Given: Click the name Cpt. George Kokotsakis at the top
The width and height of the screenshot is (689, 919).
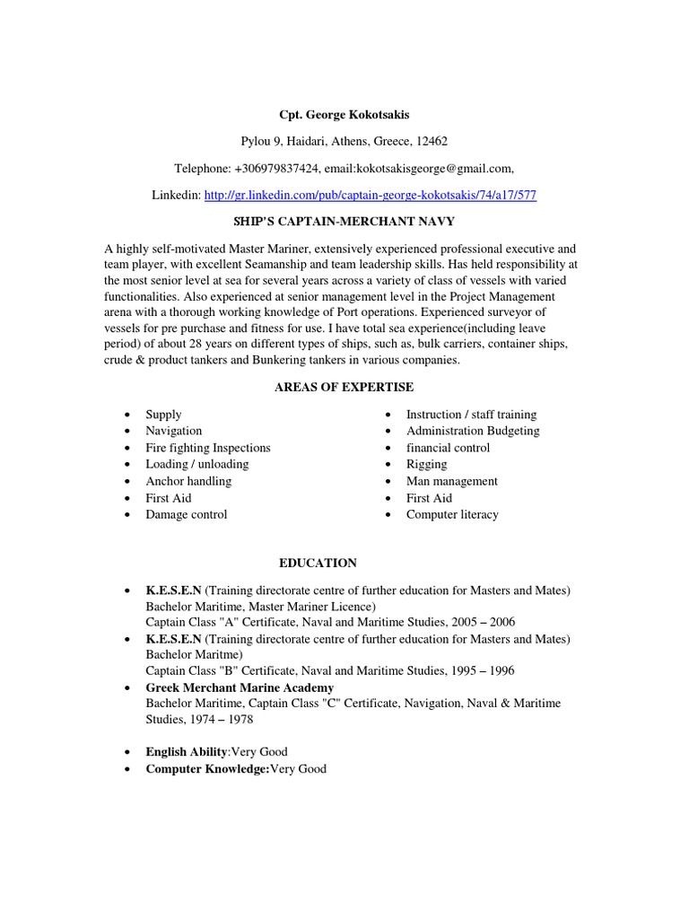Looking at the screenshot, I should coord(344,115).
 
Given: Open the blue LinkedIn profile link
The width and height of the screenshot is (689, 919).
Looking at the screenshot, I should coord(371,195).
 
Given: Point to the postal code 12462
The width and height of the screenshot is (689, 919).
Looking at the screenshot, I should coord(432,141).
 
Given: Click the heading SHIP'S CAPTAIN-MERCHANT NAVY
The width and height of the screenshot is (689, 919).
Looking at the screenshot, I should coord(344,220).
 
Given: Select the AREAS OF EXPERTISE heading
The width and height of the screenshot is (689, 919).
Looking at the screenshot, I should coord(344,386).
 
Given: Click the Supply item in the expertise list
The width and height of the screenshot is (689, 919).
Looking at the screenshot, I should coord(163,415).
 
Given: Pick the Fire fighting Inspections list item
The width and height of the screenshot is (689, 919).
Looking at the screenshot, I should coord(207,448).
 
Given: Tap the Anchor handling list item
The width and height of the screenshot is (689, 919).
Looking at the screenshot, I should coord(188,481).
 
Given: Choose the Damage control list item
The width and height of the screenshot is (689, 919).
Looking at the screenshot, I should coord(186,514).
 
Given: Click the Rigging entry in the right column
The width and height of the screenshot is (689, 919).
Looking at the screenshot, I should coord(426,464).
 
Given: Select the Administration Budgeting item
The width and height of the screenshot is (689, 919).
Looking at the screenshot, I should coord(473,431).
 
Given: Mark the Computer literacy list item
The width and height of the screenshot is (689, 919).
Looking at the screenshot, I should coord(452,514).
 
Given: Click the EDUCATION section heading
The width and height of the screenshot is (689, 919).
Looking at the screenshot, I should coord(318,563).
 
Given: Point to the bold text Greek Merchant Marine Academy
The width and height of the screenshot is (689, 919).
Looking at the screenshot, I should coord(240,687).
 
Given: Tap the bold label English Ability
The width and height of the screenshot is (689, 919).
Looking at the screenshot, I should coord(187,752).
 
